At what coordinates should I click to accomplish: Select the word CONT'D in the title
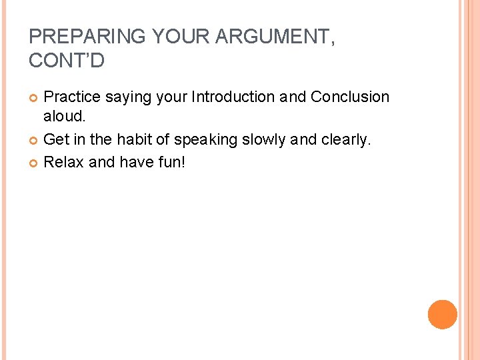[67, 61]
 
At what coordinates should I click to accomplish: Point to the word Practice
[72, 97]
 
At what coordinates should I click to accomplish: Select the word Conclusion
[349, 97]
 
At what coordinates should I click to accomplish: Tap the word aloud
[65, 116]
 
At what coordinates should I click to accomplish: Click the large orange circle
[442, 314]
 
